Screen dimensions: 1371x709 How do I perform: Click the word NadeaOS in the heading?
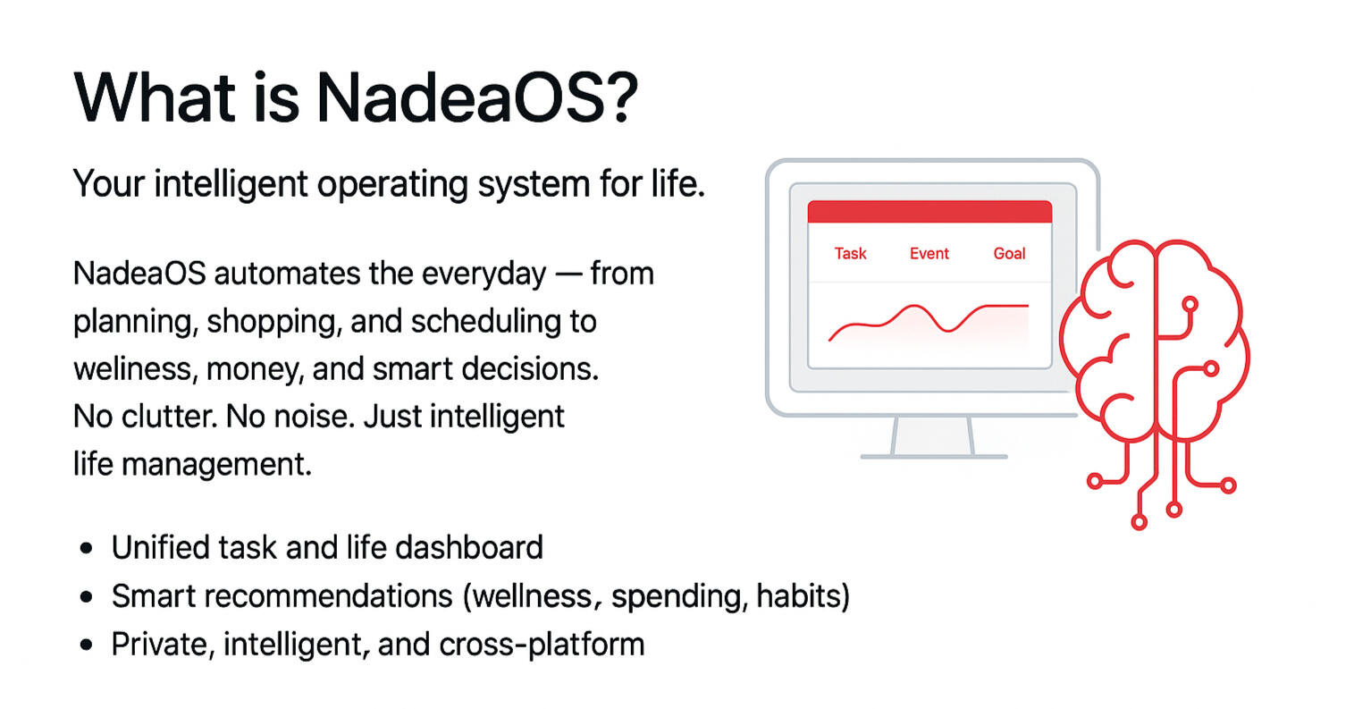pyautogui.click(x=459, y=98)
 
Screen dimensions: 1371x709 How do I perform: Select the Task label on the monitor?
pyautogui.click(x=850, y=254)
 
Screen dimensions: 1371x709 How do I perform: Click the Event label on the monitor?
pyautogui.click(x=929, y=254)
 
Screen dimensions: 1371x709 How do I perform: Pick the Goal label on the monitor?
pyautogui.click(x=1009, y=254)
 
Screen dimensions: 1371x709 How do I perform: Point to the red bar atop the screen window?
pyautogui.click(x=929, y=212)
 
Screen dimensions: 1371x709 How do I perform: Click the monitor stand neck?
pyautogui.click(x=932, y=435)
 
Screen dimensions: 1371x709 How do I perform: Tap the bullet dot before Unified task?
pyautogui.click(x=87, y=548)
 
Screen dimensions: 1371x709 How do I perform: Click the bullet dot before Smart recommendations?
pyautogui.click(x=87, y=596)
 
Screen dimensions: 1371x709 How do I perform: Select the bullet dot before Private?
pyautogui.click(x=87, y=645)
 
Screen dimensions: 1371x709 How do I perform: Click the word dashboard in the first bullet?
pyautogui.click(x=469, y=547)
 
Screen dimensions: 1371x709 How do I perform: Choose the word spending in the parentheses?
pyautogui.click(x=679, y=597)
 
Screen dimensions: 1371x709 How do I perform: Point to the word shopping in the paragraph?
pyautogui.click(x=274, y=323)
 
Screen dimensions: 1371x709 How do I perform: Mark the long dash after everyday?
pyautogui.click(x=568, y=274)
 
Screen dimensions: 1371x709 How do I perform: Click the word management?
pyautogui.click(x=216, y=465)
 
